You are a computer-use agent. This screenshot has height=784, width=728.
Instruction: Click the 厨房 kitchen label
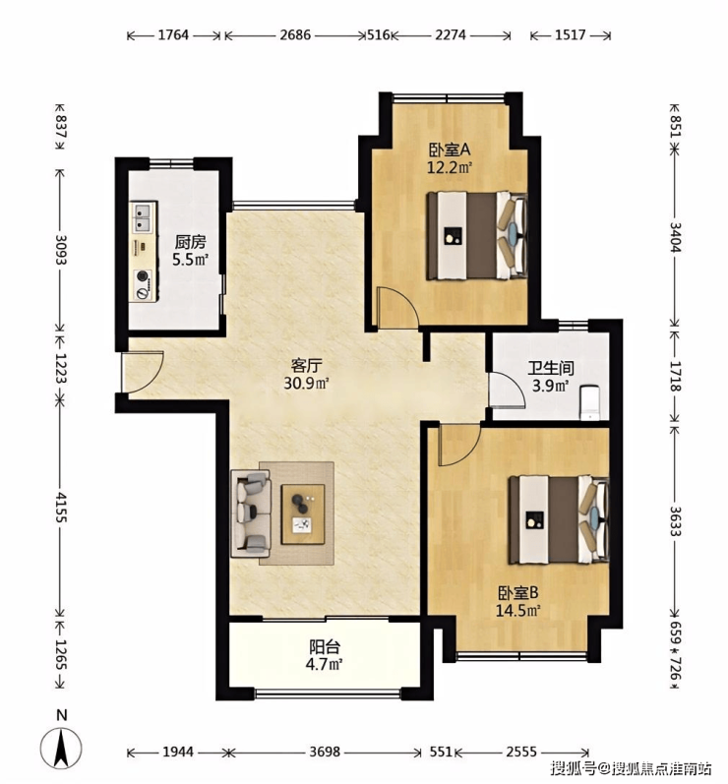pyautogui.click(x=190, y=242)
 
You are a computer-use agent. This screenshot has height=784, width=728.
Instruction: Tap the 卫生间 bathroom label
pyautogui.click(x=551, y=369)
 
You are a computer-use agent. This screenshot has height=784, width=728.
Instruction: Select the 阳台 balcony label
pyautogui.click(x=325, y=647)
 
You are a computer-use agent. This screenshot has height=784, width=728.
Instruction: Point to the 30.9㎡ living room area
pyautogui.click(x=306, y=384)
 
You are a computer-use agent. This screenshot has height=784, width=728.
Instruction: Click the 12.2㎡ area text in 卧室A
pyautogui.click(x=450, y=167)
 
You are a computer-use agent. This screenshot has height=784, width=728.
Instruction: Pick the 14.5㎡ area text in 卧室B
pyautogui.click(x=518, y=611)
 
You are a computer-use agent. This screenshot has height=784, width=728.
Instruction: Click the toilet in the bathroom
pyautogui.click(x=590, y=402)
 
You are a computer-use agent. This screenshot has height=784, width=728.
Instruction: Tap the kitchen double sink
pyautogui.click(x=144, y=217)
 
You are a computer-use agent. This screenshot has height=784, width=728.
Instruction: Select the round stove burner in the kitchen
pyautogui.click(x=144, y=276)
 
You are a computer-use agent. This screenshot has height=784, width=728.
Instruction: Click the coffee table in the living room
pyautogui.click(x=302, y=514)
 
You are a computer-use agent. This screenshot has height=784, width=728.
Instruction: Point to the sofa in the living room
pyautogui.click(x=250, y=513)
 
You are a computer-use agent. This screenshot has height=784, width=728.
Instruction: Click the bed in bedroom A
pyautogui.click(x=477, y=235)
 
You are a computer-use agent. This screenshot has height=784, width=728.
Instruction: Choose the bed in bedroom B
pyautogui.click(x=559, y=520)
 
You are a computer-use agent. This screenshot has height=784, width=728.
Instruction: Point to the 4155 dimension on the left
pyautogui.click(x=60, y=507)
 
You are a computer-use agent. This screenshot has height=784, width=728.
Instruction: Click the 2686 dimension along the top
pyautogui.click(x=295, y=35)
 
